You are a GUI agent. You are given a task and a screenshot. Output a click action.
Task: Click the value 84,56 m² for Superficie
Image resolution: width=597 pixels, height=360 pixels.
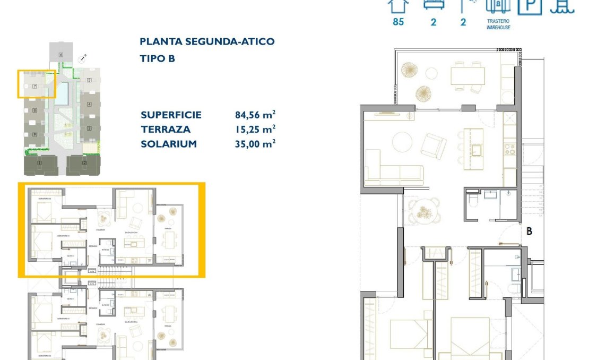pyautogui.click(x=255, y=115)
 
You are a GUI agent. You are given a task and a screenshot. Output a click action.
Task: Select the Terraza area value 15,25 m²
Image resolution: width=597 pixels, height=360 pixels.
pyautogui.click(x=255, y=129)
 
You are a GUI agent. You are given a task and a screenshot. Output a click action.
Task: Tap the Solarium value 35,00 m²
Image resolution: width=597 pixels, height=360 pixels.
pyautogui.click(x=255, y=143)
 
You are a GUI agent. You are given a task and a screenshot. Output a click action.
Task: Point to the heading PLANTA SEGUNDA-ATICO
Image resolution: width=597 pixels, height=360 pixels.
pyautogui.click(x=207, y=41)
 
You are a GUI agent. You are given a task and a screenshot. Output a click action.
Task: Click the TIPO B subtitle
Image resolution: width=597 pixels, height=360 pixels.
pyautogui.click(x=157, y=58)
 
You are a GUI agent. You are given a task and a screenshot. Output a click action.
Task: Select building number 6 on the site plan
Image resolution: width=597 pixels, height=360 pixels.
pyautogui.click(x=61, y=55)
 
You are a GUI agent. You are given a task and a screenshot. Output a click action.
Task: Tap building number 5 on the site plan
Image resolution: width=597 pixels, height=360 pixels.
pyautogui.click(x=90, y=81)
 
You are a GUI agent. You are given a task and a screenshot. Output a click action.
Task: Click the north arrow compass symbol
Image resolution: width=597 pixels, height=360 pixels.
pyautogui.click(x=82, y=59)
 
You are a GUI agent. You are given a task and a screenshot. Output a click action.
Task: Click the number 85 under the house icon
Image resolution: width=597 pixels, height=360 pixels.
pyautogui.click(x=398, y=22)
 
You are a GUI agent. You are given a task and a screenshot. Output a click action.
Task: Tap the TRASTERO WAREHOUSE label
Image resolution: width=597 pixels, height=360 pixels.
pyautogui.click(x=498, y=24)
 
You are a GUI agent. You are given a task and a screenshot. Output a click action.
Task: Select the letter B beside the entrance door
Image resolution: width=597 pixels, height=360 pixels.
pyautogui.click(x=529, y=232)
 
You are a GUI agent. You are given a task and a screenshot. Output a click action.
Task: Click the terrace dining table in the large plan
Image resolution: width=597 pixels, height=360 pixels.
pyautogui.click(x=468, y=75)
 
